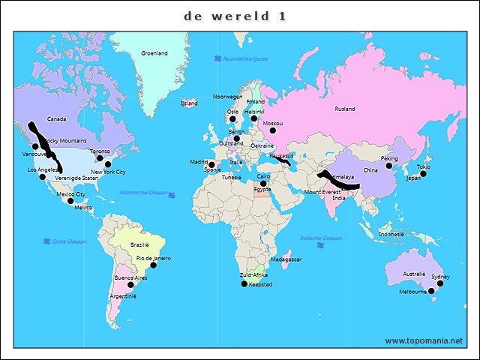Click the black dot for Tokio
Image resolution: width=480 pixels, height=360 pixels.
423,174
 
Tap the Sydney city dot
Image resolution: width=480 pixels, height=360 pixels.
440,283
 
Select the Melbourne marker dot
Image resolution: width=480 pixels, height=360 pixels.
431,292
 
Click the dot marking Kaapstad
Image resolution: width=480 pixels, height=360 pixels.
243,283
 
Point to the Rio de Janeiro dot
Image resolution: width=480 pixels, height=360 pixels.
154,265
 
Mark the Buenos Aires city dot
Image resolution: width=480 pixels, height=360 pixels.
130,285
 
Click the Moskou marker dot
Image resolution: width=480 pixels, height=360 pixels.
273,130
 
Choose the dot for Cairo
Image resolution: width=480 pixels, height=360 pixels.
263,183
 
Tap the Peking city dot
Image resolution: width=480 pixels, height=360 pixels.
389,166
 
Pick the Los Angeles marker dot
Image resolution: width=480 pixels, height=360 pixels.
42,177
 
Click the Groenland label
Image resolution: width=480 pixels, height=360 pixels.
154,53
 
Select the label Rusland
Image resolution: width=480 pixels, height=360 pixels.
345,109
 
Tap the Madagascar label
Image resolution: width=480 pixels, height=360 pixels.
286,259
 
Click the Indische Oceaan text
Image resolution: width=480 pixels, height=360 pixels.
320,238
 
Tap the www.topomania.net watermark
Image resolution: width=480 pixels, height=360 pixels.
424,340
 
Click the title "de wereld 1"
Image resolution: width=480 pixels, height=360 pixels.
235,16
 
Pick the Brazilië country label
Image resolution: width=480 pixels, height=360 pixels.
140,244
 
